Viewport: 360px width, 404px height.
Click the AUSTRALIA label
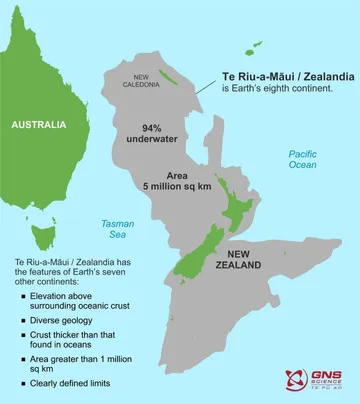click(37, 125)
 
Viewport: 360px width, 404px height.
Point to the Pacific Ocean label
click(302, 161)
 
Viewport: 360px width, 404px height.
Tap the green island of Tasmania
click(43, 236)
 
